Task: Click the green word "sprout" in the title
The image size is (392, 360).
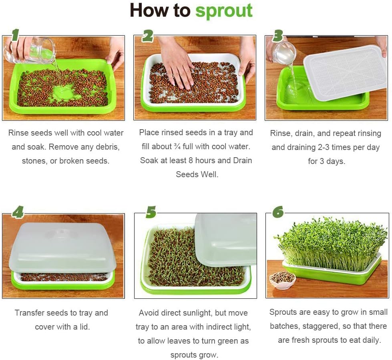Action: pos(224,11)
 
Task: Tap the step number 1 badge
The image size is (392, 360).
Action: pos(15,35)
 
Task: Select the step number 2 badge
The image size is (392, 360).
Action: pos(147,36)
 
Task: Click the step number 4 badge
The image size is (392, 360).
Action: pos(17,212)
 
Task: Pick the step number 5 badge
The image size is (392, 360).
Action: pos(151,212)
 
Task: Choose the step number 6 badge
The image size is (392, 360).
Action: pos(278,212)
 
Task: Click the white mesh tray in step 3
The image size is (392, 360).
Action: pos(345,72)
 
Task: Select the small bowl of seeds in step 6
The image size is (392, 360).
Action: pos(282,279)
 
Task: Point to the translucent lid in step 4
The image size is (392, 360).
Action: pos(62,248)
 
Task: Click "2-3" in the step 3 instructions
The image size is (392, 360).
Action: pos(322,147)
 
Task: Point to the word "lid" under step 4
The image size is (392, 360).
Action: pos(83,326)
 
